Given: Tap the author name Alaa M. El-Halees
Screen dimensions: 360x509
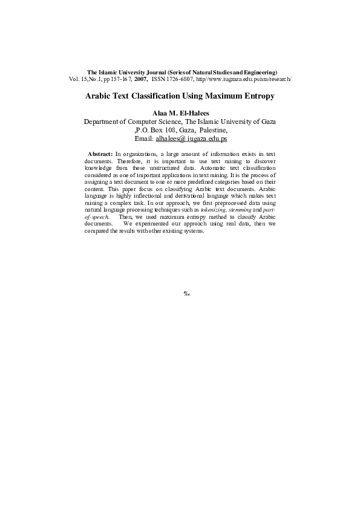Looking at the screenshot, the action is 180,113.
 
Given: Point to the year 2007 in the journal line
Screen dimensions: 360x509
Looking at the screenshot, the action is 142,79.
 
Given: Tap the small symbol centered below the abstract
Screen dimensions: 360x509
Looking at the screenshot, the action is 187,294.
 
